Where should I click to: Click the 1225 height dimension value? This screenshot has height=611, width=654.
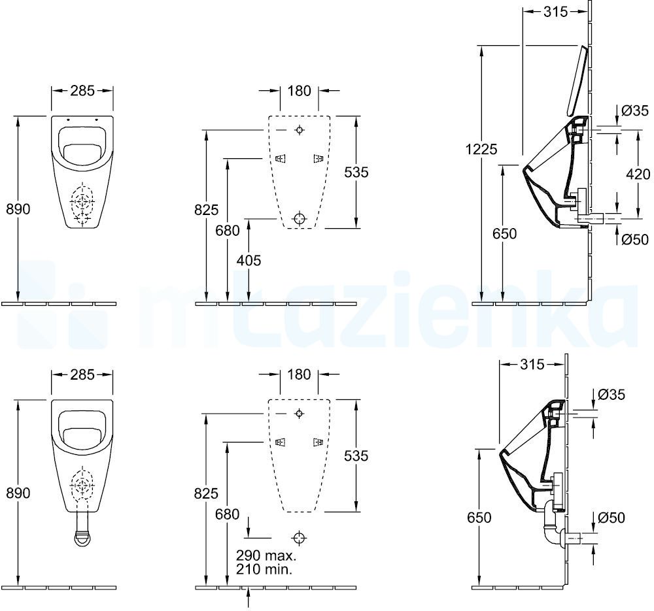(481, 148)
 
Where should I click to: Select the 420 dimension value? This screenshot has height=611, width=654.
(638, 173)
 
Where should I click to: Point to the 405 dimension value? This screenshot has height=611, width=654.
(249, 260)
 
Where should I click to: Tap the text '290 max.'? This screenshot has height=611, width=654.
(266, 555)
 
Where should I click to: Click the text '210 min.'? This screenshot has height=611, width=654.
(264, 569)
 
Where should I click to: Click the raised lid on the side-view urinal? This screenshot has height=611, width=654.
(577, 81)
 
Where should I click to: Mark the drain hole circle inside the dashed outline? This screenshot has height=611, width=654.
(299, 218)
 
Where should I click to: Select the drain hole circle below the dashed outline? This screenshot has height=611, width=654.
(299, 538)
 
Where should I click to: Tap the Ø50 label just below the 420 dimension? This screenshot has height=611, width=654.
(635, 239)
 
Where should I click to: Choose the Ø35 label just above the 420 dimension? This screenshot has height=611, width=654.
(635, 110)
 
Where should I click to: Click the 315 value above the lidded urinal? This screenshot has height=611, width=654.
(555, 12)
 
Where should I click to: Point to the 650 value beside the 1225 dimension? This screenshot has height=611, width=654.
(504, 233)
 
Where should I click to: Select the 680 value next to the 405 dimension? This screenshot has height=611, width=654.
(228, 230)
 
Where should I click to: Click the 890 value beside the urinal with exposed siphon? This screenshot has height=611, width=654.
(18, 493)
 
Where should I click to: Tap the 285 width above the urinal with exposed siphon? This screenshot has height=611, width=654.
(82, 374)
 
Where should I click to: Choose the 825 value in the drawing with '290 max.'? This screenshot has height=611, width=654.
(206, 493)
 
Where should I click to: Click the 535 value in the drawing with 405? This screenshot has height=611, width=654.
(356, 172)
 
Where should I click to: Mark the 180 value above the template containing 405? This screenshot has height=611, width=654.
(299, 90)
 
